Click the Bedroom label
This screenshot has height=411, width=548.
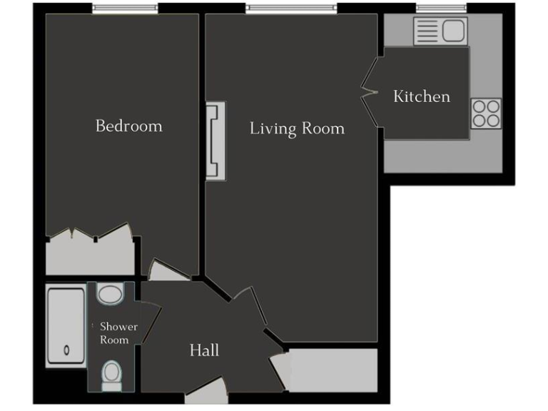point(129,126)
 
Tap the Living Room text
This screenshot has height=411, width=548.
point(297,128)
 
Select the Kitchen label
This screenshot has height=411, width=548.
point(422,96)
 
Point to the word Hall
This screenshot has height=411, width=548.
point(204,350)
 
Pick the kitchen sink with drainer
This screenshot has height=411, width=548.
point(438,31)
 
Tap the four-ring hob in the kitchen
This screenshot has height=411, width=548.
point(486,113)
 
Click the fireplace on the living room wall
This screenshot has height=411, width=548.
point(215,141)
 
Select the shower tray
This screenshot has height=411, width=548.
point(66,326)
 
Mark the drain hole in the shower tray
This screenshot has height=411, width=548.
point(66,350)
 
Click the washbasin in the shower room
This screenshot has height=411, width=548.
point(110,294)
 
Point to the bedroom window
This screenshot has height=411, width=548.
point(126,9)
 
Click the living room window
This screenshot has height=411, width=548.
point(290,9)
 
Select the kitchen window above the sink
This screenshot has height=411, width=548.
point(441,9)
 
